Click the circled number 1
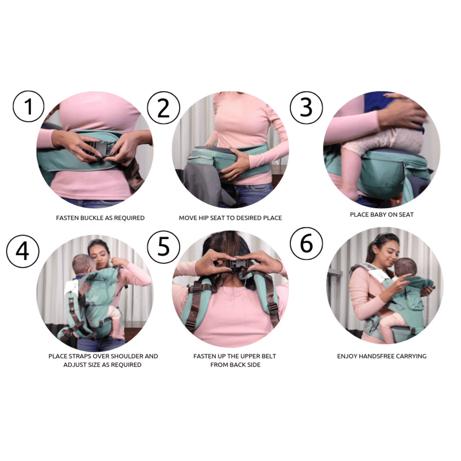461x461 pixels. click(x=28, y=106)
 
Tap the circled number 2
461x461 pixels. click(x=163, y=108)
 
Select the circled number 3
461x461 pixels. click(x=306, y=108)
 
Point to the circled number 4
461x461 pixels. click(x=23, y=251)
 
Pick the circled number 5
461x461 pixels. click(x=163, y=247)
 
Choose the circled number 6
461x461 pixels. click(x=306, y=243)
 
